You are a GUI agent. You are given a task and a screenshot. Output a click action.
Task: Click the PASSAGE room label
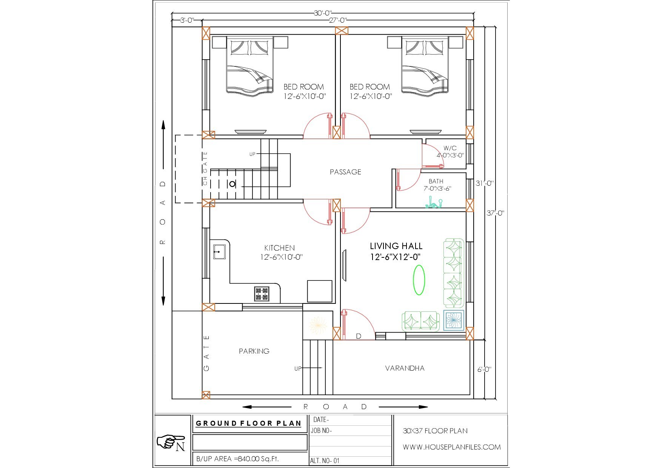pyautogui.click(x=345, y=172)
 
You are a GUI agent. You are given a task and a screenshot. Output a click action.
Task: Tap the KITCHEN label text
pyautogui.click(x=279, y=248)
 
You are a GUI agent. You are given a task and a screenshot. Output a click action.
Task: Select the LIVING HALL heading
pyautogui.click(x=396, y=246)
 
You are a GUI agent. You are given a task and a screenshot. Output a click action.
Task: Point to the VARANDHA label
pyautogui.click(x=405, y=368)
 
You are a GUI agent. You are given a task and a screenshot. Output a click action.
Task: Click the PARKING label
pyautogui.click(x=254, y=351)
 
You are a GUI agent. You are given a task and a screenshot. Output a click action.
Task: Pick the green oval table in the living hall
pyautogui.click(x=419, y=280)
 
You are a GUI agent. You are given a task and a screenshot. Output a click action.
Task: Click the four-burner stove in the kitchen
pyautogui.click(x=262, y=294)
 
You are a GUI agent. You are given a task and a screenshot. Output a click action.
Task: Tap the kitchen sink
pyautogui.click(x=219, y=251)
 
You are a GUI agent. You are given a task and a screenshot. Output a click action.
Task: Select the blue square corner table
pyautogui.click(x=453, y=320)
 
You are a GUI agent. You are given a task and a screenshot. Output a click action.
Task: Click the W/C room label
pyautogui.click(x=450, y=148)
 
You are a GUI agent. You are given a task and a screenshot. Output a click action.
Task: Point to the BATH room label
pyautogui.click(x=436, y=182)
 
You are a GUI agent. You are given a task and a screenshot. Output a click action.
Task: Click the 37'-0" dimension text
pyautogui.click(x=495, y=213)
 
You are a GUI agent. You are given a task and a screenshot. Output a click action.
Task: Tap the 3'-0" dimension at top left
pyautogui.click(x=186, y=20)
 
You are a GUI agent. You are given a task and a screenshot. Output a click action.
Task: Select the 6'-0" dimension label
pyautogui.click(x=484, y=369)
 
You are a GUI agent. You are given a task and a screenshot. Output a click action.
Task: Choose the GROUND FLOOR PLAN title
pyautogui.click(x=249, y=423)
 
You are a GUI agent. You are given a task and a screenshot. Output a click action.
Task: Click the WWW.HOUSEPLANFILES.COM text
pyautogui.click(x=452, y=447)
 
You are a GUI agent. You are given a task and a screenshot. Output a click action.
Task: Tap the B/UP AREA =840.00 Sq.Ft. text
pyautogui.click(x=237, y=459)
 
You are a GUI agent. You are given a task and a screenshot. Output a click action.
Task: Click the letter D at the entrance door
pyautogui.click(x=359, y=336)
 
